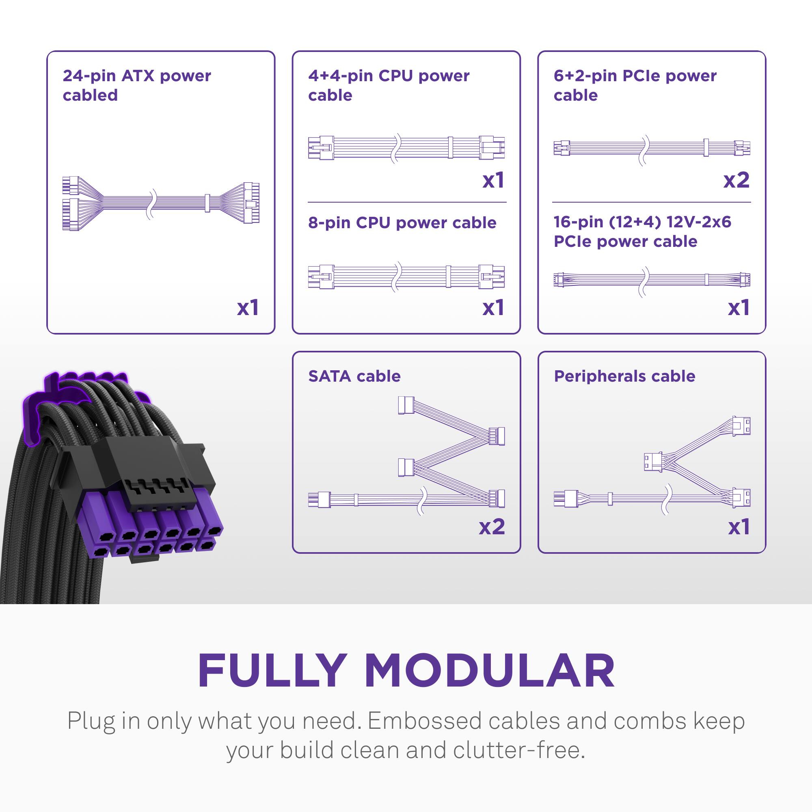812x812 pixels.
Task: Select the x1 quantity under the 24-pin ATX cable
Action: click(248, 308)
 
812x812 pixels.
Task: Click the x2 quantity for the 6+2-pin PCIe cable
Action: click(736, 180)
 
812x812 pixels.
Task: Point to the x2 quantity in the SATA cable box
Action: click(492, 526)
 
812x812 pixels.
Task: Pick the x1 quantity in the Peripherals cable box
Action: click(739, 526)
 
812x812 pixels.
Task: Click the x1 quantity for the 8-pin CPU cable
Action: click(493, 308)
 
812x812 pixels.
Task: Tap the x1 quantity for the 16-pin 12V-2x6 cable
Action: click(739, 308)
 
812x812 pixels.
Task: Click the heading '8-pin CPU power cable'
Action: click(402, 223)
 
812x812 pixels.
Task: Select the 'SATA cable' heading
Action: click(354, 376)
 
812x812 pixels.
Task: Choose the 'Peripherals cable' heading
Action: click(624, 376)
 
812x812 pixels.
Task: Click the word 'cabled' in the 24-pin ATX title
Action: click(90, 95)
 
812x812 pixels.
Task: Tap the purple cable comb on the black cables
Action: click(50, 399)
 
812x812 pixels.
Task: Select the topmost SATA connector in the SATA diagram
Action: click(406, 405)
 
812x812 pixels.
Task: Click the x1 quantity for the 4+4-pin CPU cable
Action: click(493, 180)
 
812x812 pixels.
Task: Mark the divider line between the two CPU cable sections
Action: click(406, 202)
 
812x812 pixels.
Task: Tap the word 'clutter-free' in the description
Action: click(518, 750)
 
